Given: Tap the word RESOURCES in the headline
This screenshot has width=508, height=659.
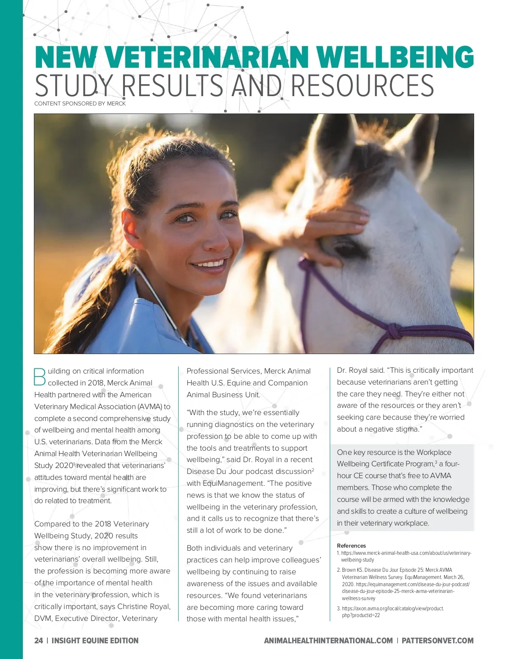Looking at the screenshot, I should point(362,86).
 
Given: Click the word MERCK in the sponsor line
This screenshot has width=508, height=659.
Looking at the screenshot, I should point(116,104).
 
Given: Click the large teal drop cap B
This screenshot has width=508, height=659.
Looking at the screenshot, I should point(39,377).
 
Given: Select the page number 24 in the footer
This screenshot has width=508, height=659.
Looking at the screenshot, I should point(39,641).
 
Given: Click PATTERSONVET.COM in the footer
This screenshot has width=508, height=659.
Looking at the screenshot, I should point(437,641).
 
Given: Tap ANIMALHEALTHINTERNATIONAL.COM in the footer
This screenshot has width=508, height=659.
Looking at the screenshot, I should point(328,641).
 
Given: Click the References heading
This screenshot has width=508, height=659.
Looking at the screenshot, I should point(351,546).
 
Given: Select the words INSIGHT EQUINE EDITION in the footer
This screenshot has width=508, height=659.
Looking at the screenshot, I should point(95,641).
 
